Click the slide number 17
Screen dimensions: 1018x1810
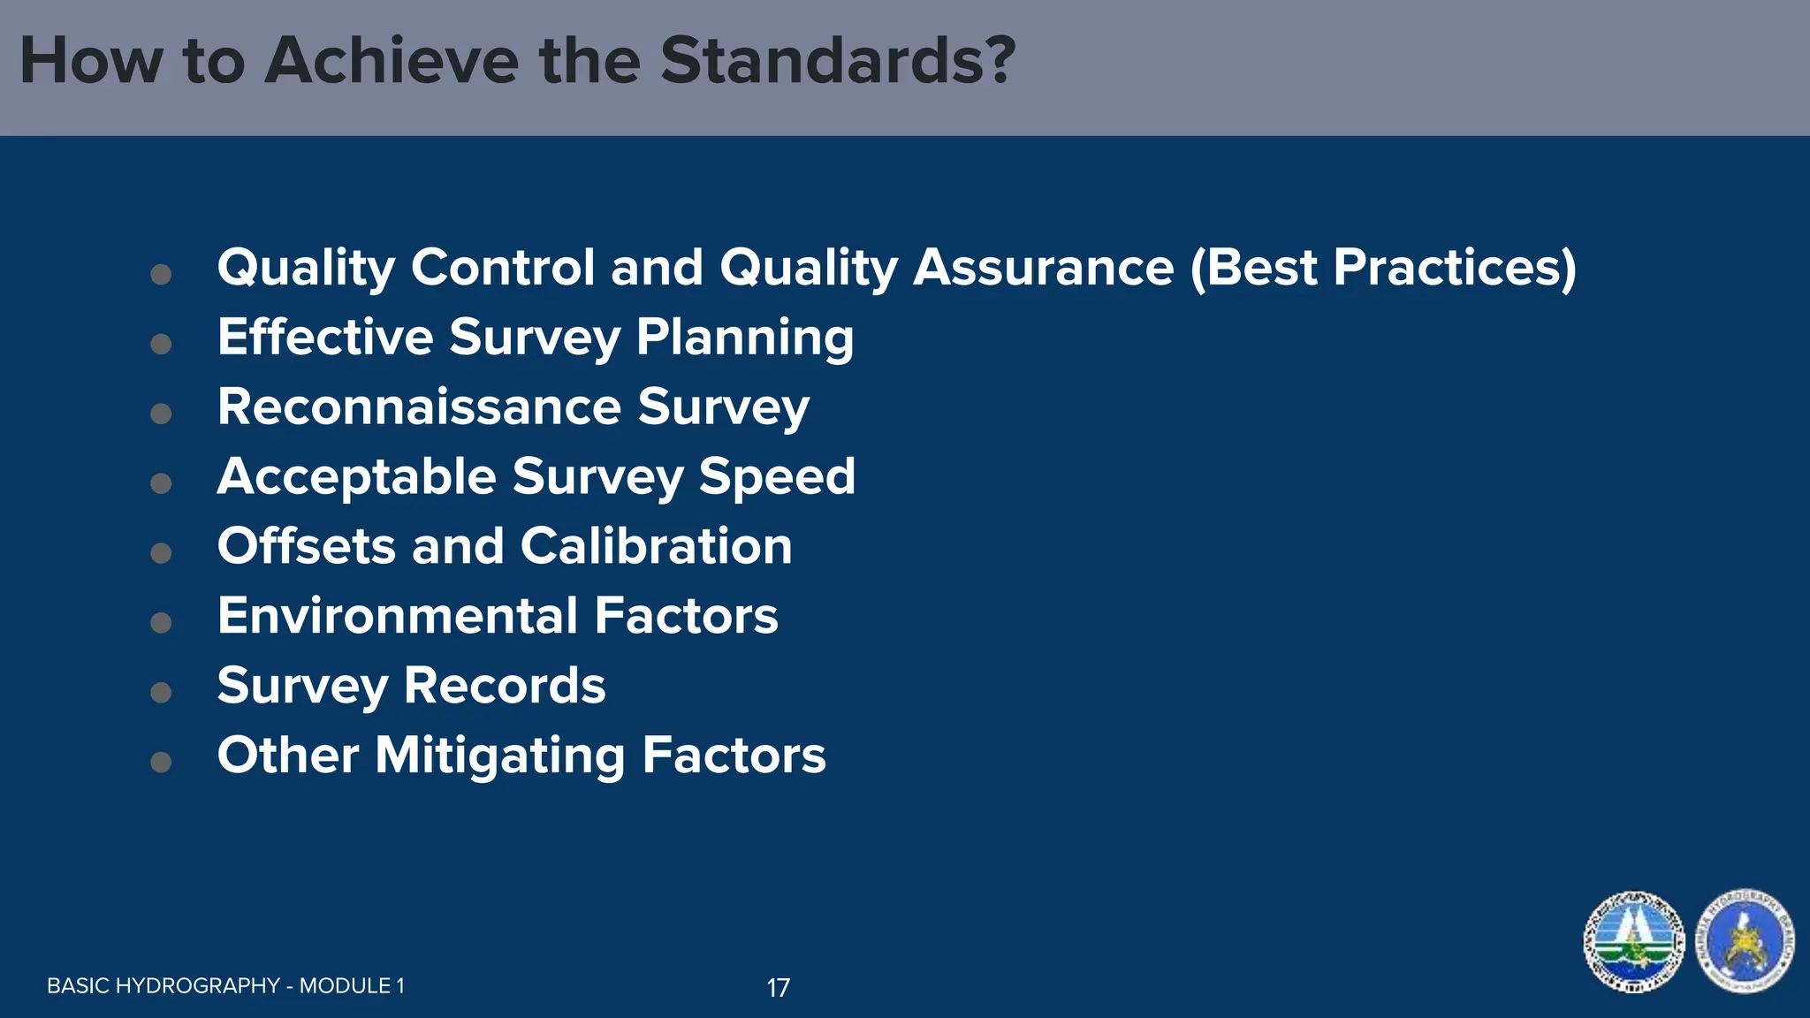point(778,988)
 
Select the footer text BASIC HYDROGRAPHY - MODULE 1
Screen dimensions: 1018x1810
point(225,986)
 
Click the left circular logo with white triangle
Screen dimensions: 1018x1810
point(1634,942)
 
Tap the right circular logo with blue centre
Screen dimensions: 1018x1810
point(1745,942)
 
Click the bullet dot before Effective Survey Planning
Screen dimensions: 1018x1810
point(161,344)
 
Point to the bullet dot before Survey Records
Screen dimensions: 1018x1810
point(161,692)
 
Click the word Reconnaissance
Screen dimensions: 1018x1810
point(420,406)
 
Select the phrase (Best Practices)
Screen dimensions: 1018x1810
point(1383,267)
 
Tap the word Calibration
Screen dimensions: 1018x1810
point(656,545)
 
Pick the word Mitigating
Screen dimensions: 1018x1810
point(500,756)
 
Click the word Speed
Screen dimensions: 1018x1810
point(777,476)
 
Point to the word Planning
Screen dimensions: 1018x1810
point(744,338)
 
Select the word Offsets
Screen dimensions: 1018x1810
point(306,545)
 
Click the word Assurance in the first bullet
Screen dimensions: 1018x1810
point(1043,267)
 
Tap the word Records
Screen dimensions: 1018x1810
point(505,685)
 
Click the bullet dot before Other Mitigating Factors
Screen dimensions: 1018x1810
point(161,762)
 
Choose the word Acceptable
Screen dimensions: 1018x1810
point(357,476)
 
